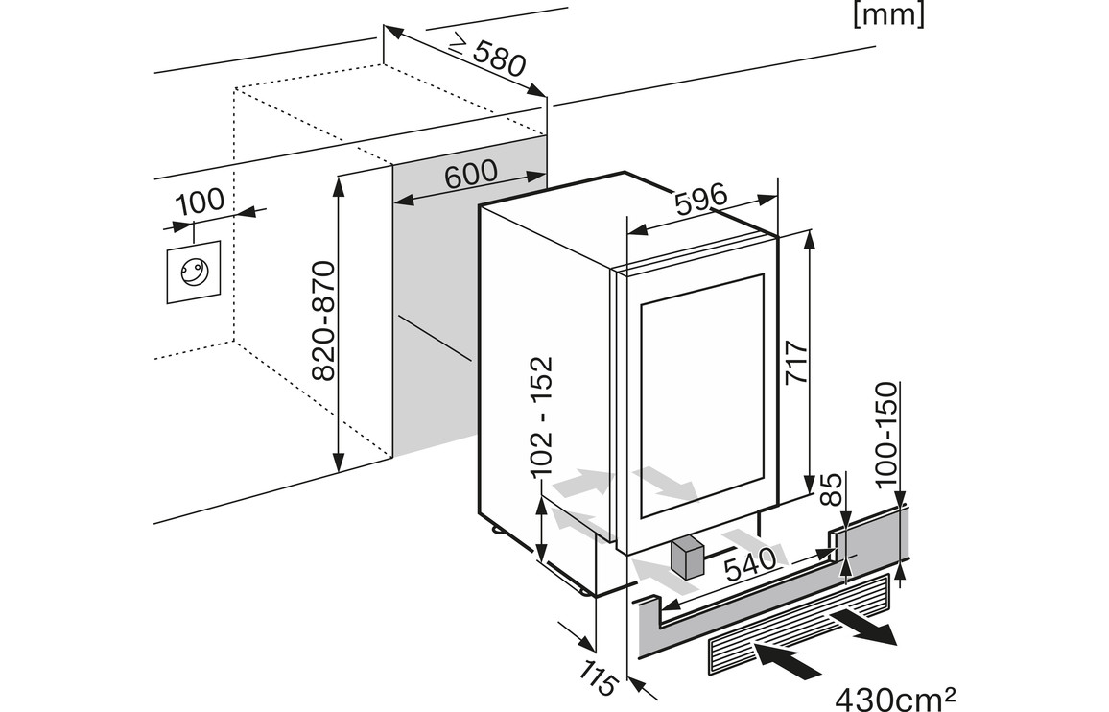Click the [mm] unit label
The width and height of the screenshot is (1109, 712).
888,15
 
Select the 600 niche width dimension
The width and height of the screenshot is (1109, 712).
470,174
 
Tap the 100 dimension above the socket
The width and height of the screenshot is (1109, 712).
201,202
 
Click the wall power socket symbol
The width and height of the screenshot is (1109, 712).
194,273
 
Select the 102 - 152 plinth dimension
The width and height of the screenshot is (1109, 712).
542,416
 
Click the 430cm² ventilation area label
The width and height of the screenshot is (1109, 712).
895,695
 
